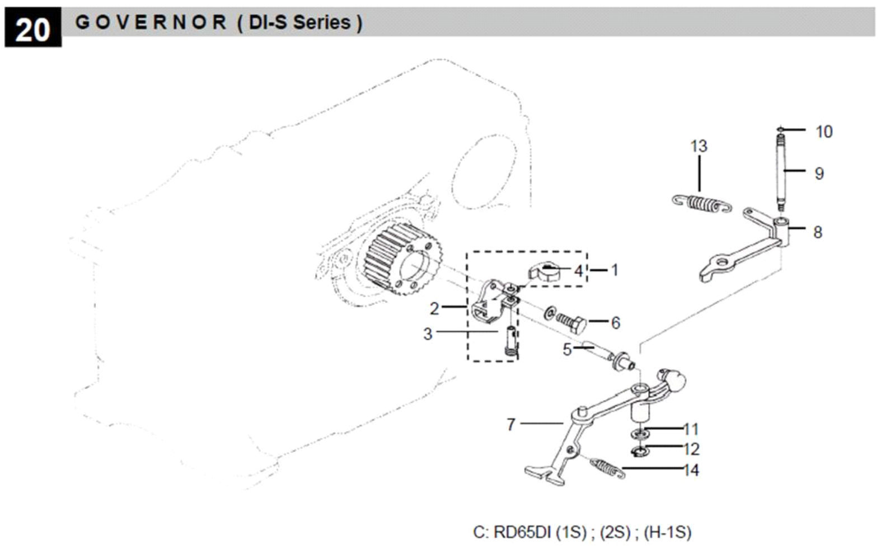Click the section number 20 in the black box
point(32,30)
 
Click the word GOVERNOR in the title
point(151,22)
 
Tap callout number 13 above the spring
point(699,146)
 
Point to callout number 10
point(823,131)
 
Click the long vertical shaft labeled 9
point(781,171)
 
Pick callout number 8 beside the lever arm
point(817,232)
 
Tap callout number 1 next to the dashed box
point(614,270)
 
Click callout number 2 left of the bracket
point(434,308)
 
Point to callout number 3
point(428,334)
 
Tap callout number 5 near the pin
point(566,350)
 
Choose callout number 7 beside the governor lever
point(510,424)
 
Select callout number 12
point(691,449)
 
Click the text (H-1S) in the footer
point(667,532)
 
